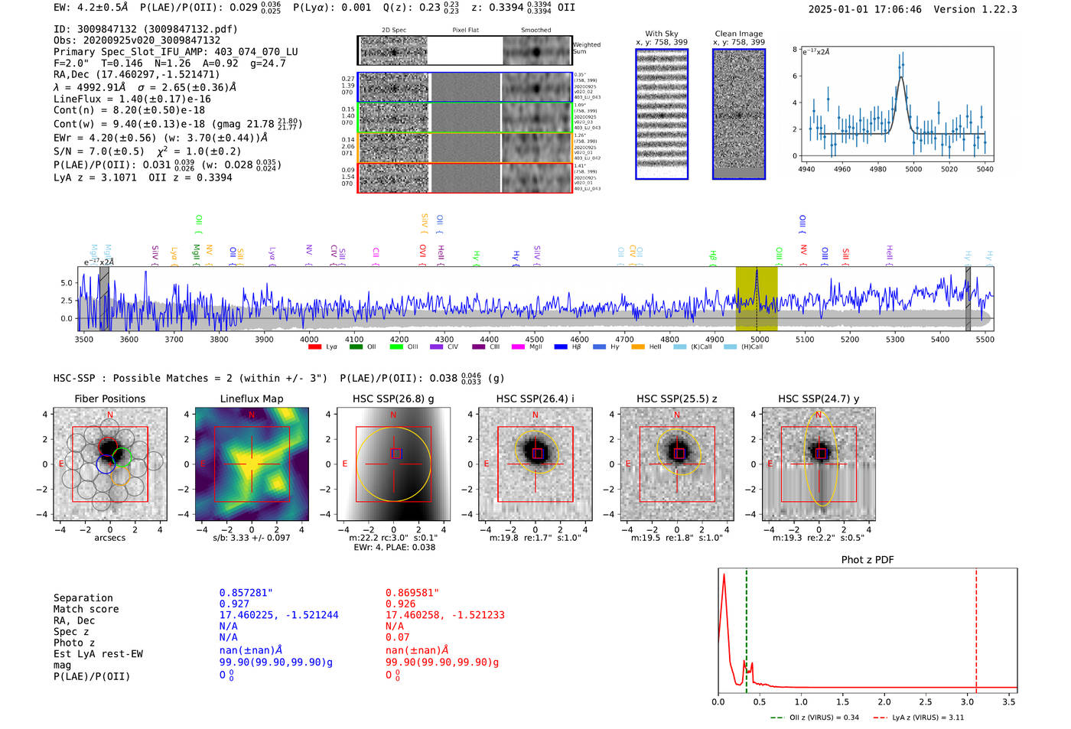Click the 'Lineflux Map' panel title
pyautogui.click(x=251, y=399)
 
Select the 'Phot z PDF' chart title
pyautogui.click(x=867, y=560)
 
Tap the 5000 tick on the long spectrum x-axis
pyautogui.click(x=759, y=339)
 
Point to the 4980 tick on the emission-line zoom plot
pyautogui.click(x=877, y=169)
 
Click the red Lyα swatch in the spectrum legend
pyautogui.click(x=314, y=347)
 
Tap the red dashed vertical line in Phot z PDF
pyautogui.click(x=976, y=627)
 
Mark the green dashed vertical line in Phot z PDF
pyautogui.click(x=746, y=627)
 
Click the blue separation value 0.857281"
pyautogui.click(x=246, y=593)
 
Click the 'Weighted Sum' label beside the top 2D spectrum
pyautogui.click(x=587, y=48)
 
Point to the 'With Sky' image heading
pyautogui.click(x=661, y=34)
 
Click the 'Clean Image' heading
pyautogui.click(x=738, y=34)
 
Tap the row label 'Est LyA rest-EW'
pyautogui.click(x=98, y=654)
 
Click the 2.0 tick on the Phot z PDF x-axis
pyautogui.click(x=884, y=701)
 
